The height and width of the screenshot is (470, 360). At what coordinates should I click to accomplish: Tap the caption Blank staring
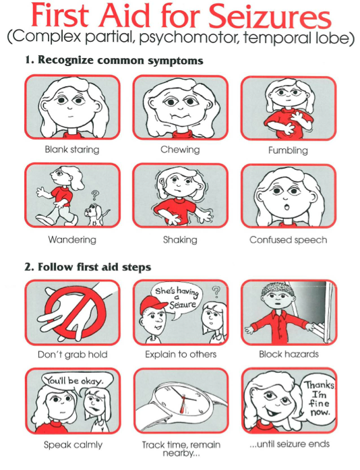72,149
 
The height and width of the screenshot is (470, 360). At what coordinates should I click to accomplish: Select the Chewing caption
180,149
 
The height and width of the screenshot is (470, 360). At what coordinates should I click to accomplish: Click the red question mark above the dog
95,196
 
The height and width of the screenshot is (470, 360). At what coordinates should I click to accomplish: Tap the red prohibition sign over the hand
76,312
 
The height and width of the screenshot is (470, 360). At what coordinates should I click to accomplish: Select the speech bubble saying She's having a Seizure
177,300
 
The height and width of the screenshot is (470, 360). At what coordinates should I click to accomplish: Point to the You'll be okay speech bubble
77,382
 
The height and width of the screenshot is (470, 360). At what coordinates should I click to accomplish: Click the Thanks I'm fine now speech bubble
318,399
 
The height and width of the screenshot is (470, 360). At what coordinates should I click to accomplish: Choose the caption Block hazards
289,354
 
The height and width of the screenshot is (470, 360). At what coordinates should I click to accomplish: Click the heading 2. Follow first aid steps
88,267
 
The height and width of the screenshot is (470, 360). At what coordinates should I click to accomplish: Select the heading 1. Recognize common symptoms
114,60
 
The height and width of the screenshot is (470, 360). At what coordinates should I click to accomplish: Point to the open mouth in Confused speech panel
287,207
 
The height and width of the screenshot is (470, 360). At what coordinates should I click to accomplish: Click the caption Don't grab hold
73,355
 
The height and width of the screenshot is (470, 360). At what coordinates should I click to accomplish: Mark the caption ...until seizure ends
290,444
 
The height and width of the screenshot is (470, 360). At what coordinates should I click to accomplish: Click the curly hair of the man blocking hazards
276,289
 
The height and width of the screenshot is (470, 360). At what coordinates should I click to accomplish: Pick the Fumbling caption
288,150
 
